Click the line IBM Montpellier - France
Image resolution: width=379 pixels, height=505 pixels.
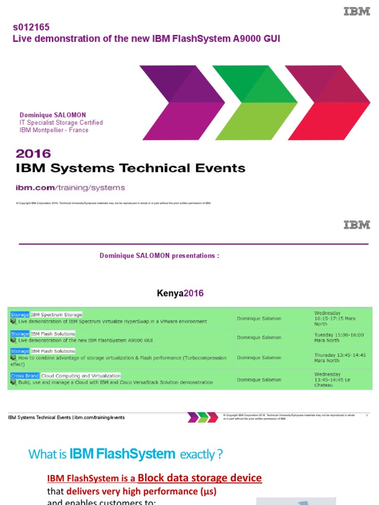[54, 130]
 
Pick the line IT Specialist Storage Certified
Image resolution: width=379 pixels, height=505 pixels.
[61, 122]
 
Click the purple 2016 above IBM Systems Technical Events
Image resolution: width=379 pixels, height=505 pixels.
[33, 154]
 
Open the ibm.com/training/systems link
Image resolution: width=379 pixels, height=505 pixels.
[71, 187]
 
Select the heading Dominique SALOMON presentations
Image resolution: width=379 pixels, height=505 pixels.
[159, 255]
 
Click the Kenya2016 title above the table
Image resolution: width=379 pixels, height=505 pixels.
[180, 293]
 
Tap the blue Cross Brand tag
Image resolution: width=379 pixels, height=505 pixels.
[25, 376]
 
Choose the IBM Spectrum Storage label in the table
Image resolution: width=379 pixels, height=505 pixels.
[56, 315]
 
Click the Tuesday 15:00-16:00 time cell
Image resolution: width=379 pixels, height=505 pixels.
[339, 338]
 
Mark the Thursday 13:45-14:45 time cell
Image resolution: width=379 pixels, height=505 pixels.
[340, 358]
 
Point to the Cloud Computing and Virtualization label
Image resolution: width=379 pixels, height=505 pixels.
[81, 376]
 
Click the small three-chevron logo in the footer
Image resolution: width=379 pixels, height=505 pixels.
[202, 417]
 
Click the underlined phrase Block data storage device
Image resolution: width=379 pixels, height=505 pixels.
[200, 477]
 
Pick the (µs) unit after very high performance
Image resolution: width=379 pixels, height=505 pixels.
[208, 491]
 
